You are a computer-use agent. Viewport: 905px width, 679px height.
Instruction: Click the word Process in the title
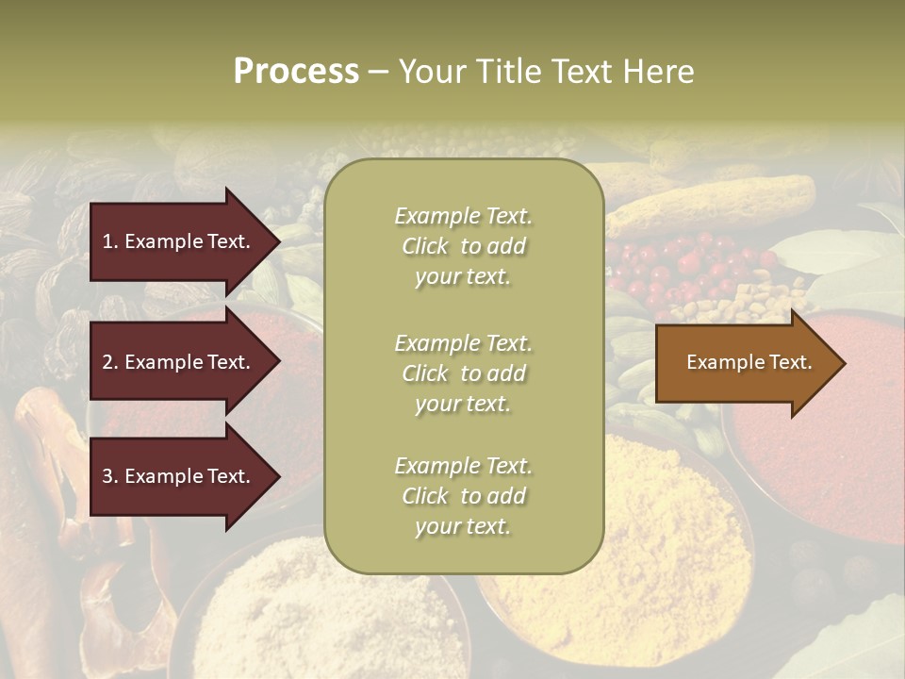pos(296,72)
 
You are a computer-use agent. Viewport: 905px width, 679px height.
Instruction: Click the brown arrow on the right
pos(745,362)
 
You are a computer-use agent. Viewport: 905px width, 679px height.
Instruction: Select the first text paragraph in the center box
pos(463,246)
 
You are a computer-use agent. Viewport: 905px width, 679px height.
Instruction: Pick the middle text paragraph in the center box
pos(463,373)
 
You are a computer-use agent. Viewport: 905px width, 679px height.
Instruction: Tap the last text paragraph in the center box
pos(463,496)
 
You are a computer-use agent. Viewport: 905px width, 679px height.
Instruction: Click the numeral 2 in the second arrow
pos(107,362)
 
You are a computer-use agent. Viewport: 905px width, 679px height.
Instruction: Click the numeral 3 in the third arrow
pos(107,476)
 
